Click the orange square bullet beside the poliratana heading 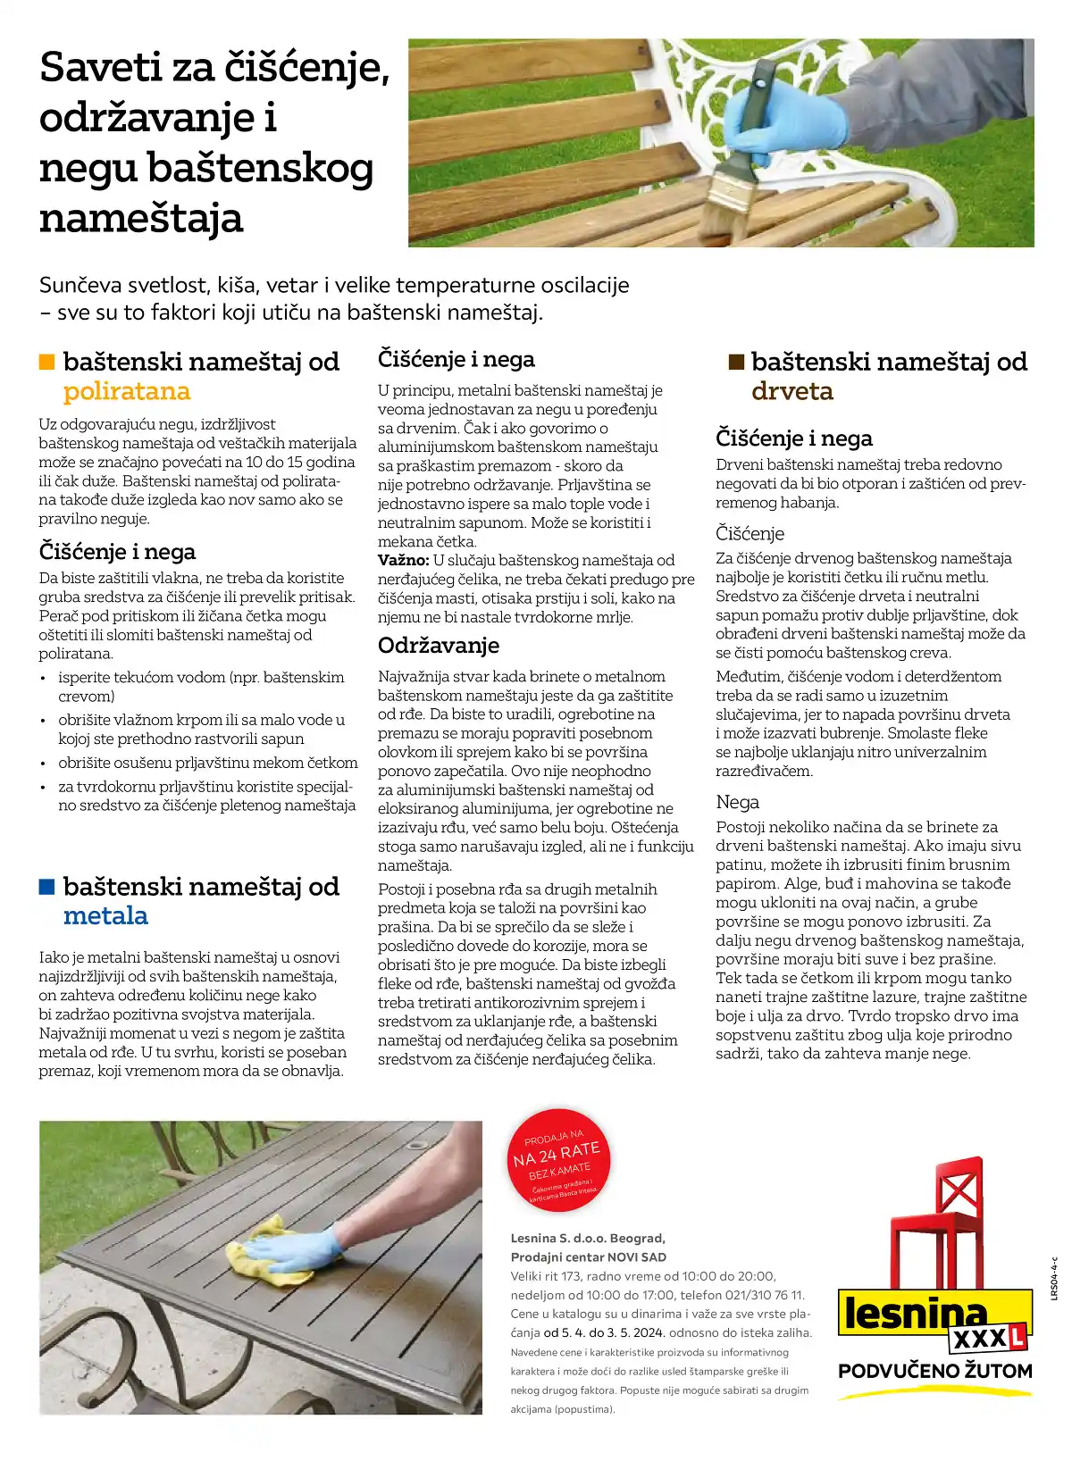click(46, 362)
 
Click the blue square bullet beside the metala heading click(46, 887)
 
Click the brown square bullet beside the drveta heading click(736, 362)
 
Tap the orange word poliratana click(127, 391)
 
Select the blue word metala click(105, 916)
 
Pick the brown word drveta click(791, 391)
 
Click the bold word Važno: click(403, 561)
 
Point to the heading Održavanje click(438, 646)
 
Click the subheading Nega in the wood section click(737, 802)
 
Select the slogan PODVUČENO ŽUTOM click(934, 1371)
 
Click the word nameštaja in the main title click(141, 219)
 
